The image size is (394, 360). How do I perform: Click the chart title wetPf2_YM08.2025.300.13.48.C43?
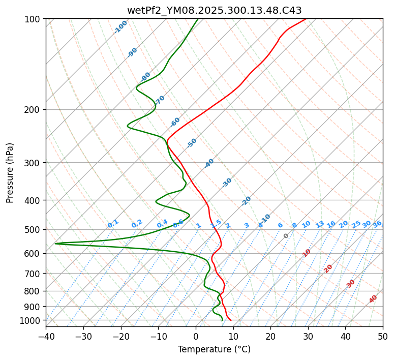tap(214, 10)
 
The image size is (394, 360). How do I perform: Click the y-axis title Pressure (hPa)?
tap(10, 173)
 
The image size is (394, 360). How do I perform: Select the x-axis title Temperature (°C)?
tap(214, 349)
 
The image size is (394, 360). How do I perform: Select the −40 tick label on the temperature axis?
tap(46, 337)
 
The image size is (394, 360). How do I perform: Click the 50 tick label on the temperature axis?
tap(383, 337)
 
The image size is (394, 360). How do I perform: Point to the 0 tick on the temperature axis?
tap(196, 337)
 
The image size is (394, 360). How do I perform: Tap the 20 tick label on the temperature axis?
tap(270, 337)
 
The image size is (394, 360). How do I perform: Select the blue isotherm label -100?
tap(120, 27)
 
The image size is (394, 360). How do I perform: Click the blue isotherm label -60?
tap(175, 122)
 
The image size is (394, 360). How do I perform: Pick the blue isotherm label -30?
tap(227, 182)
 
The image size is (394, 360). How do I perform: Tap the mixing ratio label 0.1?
tap(113, 223)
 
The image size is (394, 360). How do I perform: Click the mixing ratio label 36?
tap(377, 224)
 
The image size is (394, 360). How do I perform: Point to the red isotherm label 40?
tap(373, 299)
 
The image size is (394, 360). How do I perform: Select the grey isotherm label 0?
tap(286, 236)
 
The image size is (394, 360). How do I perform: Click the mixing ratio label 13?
tap(320, 224)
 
